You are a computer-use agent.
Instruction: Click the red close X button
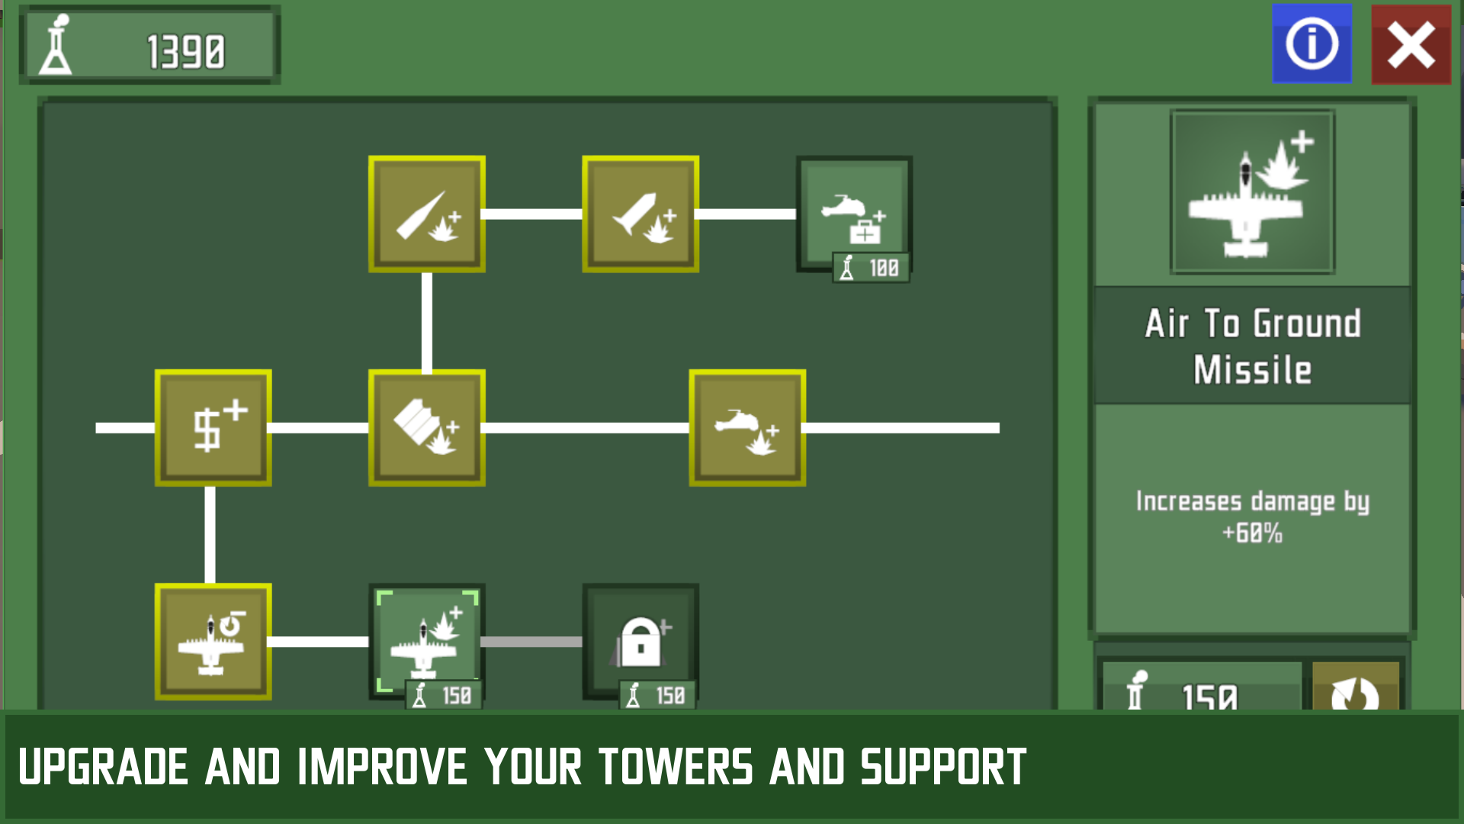pos(1411,44)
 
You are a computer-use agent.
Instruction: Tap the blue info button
pos(1311,44)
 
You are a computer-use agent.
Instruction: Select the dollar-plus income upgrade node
pos(213,428)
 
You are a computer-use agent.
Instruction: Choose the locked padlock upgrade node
pos(640,641)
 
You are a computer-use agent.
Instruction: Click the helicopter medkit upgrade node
pos(854,214)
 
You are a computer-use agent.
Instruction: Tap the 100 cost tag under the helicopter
pos(872,268)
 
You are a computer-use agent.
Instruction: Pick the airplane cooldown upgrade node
pos(213,642)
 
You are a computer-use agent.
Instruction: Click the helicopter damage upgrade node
pos(747,428)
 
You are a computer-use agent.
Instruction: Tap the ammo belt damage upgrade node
pos(427,428)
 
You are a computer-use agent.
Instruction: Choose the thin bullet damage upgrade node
pos(427,214)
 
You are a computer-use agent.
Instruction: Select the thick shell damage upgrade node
pos(640,214)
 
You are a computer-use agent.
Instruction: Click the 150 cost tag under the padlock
pos(657,695)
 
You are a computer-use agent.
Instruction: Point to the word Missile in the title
pos(1252,371)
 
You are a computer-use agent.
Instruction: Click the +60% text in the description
pos(1252,533)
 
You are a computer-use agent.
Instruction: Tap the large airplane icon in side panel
pos(1252,192)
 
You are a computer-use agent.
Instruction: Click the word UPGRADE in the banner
pos(103,767)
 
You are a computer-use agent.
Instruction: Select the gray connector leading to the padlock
pos(531,642)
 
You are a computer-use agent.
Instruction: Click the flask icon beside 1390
pos(56,46)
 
